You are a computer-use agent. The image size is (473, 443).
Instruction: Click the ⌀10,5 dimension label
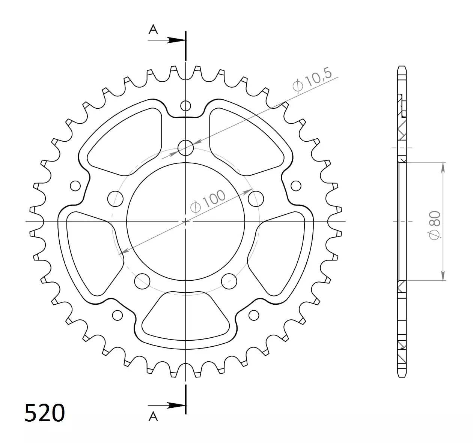(312, 79)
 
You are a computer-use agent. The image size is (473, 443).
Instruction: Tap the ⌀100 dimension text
(208, 201)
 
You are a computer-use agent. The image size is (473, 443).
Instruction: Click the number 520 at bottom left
(45, 413)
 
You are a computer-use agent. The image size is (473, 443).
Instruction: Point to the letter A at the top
(153, 30)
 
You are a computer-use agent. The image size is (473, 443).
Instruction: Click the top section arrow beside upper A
(166, 40)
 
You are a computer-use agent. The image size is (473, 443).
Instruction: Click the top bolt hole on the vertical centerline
(185, 148)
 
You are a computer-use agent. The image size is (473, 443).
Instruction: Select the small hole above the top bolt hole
(185, 106)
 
